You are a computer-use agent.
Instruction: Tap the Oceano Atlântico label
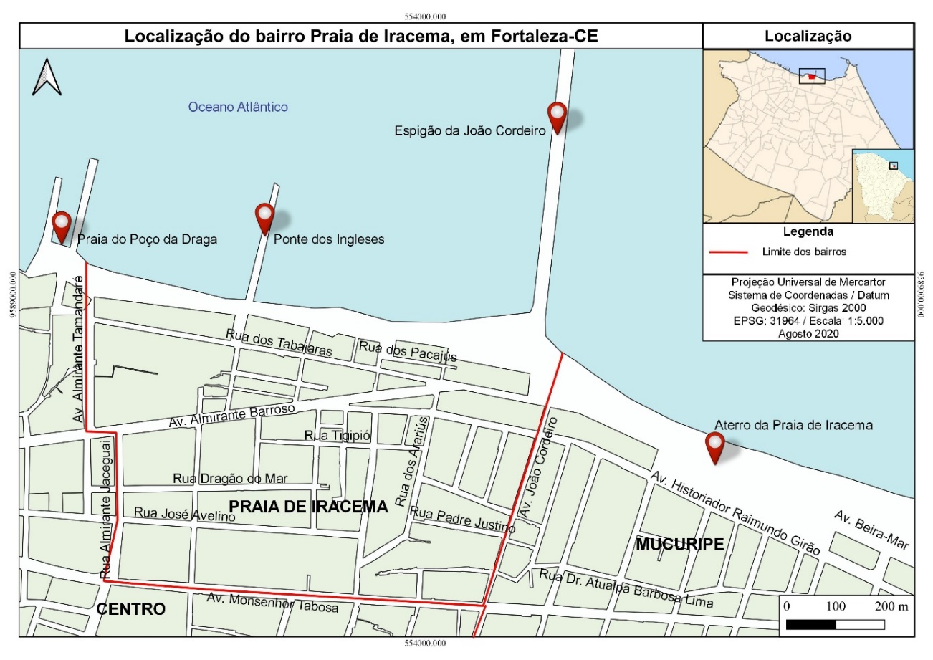pyautogui.click(x=238, y=107)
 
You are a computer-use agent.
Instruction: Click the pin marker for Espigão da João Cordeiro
pyautogui.click(x=557, y=117)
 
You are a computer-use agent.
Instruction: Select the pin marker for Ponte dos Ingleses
pyautogui.click(x=265, y=218)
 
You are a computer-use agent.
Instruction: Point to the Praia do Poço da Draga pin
pyautogui.click(x=62, y=226)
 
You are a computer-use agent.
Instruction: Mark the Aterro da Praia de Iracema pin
pyautogui.click(x=714, y=447)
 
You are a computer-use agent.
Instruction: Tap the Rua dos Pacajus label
pyautogui.click(x=407, y=351)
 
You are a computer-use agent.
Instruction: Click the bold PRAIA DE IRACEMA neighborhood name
pyautogui.click(x=307, y=507)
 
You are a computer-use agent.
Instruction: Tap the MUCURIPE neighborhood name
pyautogui.click(x=679, y=545)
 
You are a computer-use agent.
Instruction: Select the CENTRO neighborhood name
pyautogui.click(x=131, y=609)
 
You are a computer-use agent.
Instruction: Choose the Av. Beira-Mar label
pyautogui.click(x=871, y=530)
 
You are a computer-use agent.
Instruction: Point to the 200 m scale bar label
pyautogui.click(x=892, y=606)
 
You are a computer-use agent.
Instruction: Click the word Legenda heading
pyautogui.click(x=808, y=232)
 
